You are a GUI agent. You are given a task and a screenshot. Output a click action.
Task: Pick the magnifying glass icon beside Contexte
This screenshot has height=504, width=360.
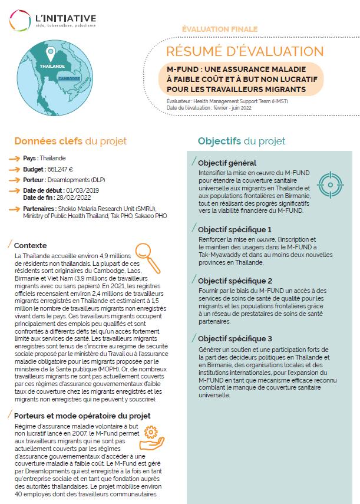[x=142, y=254]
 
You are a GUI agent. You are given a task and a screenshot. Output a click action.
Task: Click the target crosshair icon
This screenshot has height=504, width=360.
[x=328, y=184]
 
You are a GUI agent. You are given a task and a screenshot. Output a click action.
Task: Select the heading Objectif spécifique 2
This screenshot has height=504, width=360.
[x=235, y=281]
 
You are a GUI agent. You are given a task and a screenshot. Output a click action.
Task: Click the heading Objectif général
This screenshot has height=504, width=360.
[x=227, y=163]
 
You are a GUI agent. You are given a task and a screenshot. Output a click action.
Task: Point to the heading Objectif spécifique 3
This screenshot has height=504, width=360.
[x=235, y=339]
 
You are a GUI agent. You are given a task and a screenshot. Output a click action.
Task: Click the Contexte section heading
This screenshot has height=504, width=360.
[x=30, y=245]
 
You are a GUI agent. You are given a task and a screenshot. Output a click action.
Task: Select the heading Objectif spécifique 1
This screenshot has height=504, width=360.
[x=235, y=229]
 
